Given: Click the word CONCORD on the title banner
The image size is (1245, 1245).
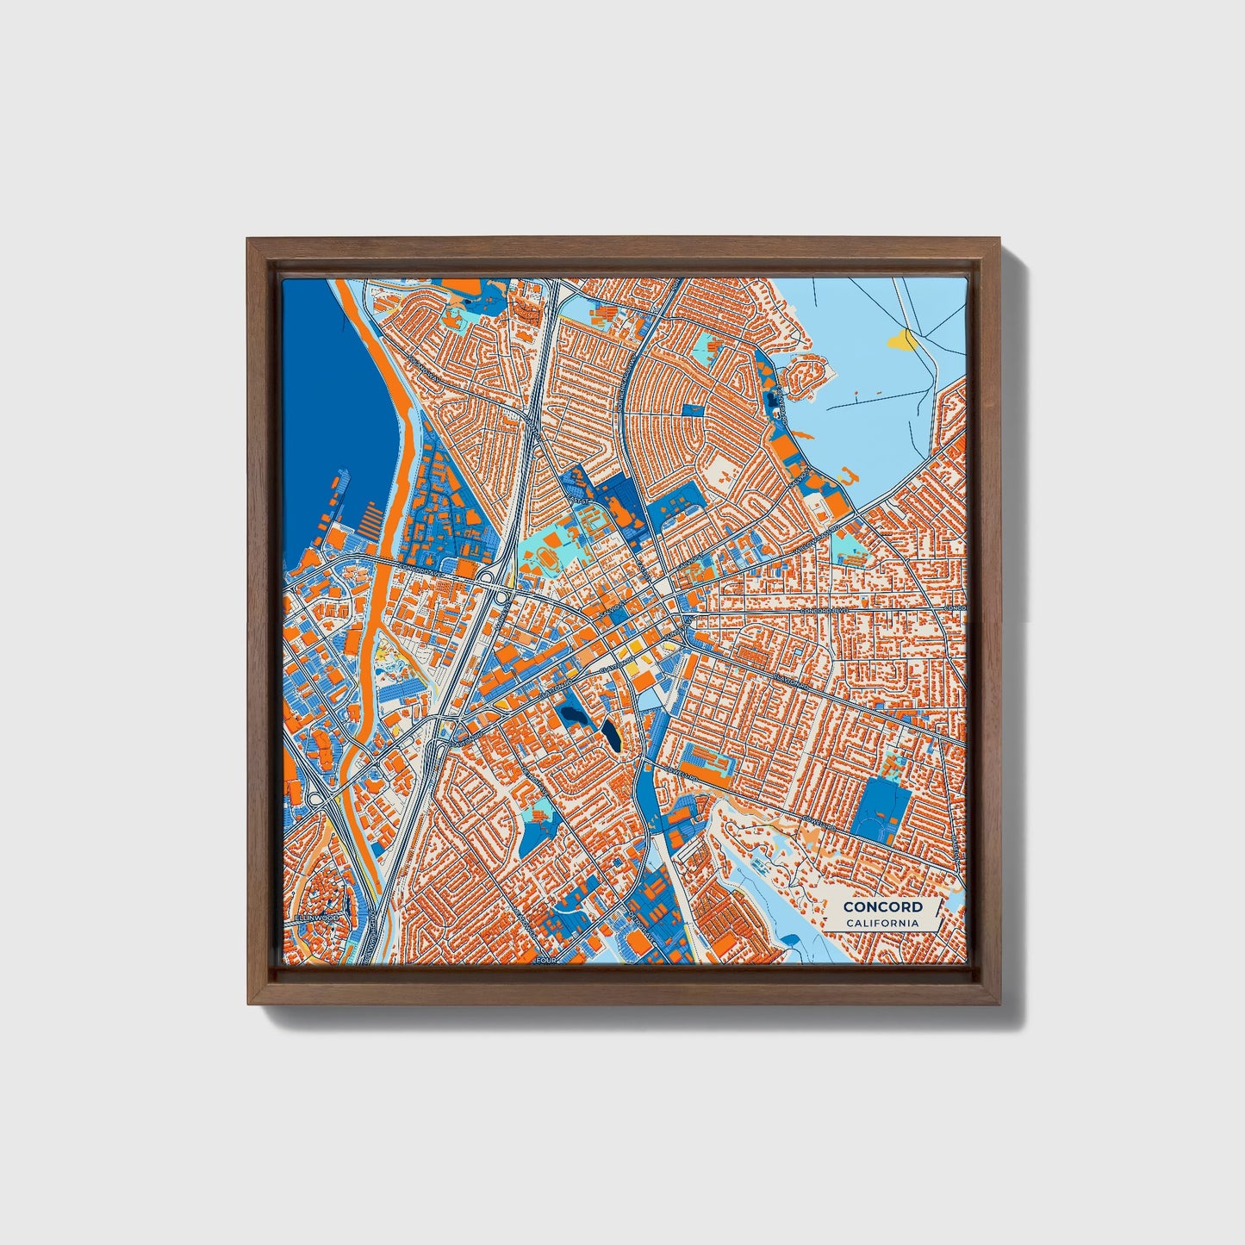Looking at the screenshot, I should (882, 906).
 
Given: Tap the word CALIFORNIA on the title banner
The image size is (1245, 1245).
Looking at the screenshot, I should (882, 924).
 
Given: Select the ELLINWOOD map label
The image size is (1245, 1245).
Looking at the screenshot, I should (316, 918).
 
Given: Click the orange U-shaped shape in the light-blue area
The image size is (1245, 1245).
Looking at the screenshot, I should (845, 476).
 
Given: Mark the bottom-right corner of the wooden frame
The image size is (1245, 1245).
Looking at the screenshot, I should (999, 1004).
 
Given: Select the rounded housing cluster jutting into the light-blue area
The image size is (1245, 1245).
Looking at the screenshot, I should (808, 378).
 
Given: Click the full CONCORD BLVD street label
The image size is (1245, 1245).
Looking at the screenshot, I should (825, 610).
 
